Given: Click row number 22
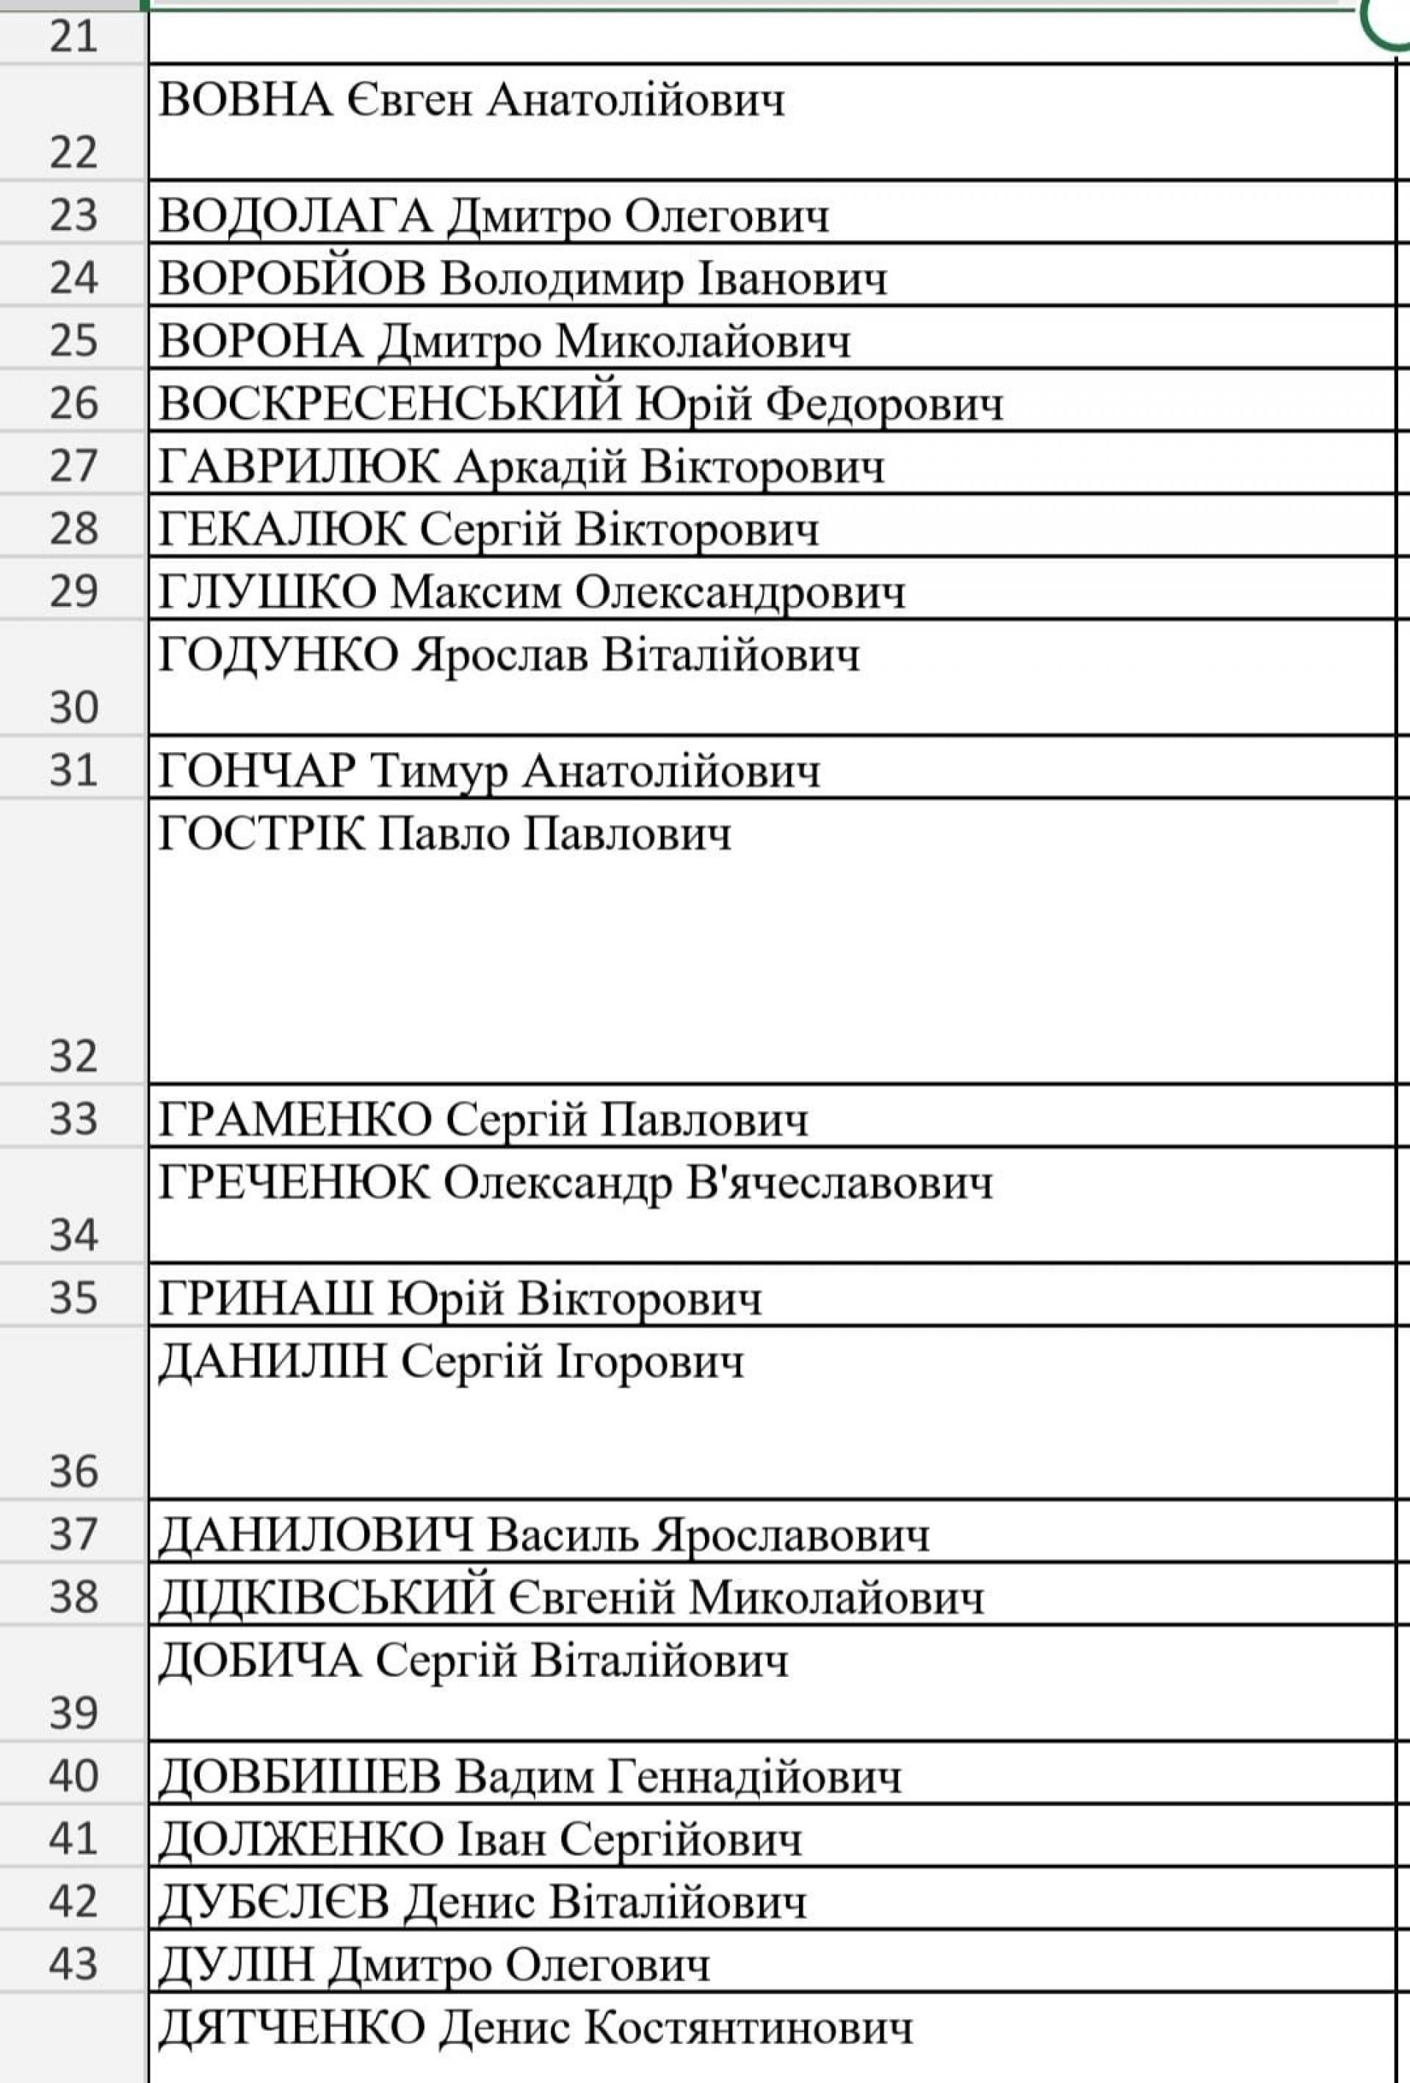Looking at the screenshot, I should (x=73, y=152).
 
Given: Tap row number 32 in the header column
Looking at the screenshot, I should (x=73, y=1056).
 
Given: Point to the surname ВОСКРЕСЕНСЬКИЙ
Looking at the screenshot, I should (x=389, y=403).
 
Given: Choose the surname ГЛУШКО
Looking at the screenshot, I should (x=267, y=591).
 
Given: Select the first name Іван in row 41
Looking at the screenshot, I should (x=502, y=1839).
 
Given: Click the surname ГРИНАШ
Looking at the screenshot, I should (x=265, y=1299).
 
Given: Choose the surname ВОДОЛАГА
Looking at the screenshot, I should (x=296, y=215).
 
